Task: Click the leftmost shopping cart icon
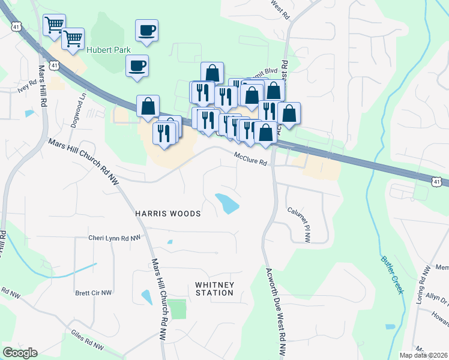pyautogui.click(x=55, y=25)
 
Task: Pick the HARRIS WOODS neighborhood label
pyautogui.click(x=168, y=214)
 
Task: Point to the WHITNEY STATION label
pyautogui.click(x=214, y=289)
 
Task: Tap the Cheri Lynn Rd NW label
pyautogui.click(x=114, y=238)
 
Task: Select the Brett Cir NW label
pyautogui.click(x=94, y=293)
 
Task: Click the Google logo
pyautogui.click(x=20, y=353)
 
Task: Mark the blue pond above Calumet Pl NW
pyautogui.click(x=228, y=203)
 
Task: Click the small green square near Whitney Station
pyautogui.click(x=177, y=309)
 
